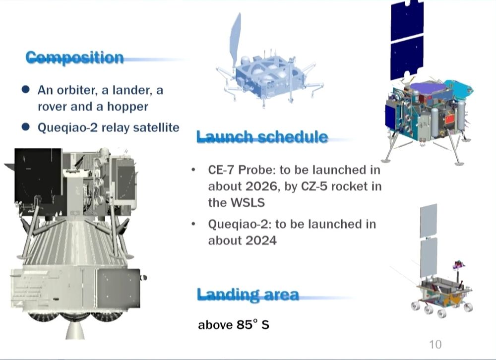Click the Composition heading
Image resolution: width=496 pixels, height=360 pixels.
tap(75, 58)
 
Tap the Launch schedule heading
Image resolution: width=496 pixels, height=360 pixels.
tap(262, 137)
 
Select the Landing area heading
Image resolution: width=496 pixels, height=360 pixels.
tap(248, 295)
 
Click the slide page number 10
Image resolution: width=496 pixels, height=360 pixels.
tap(435, 344)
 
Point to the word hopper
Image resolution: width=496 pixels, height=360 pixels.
tap(127, 107)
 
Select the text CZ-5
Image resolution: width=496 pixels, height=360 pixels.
tap(314, 186)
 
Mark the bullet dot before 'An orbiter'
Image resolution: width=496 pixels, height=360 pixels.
tap(26, 90)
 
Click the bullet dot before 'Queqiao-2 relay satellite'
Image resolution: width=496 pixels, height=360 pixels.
tap(26, 127)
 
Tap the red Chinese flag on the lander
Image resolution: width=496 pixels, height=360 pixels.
tap(449, 120)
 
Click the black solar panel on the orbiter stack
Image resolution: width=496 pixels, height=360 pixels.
tap(38, 176)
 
